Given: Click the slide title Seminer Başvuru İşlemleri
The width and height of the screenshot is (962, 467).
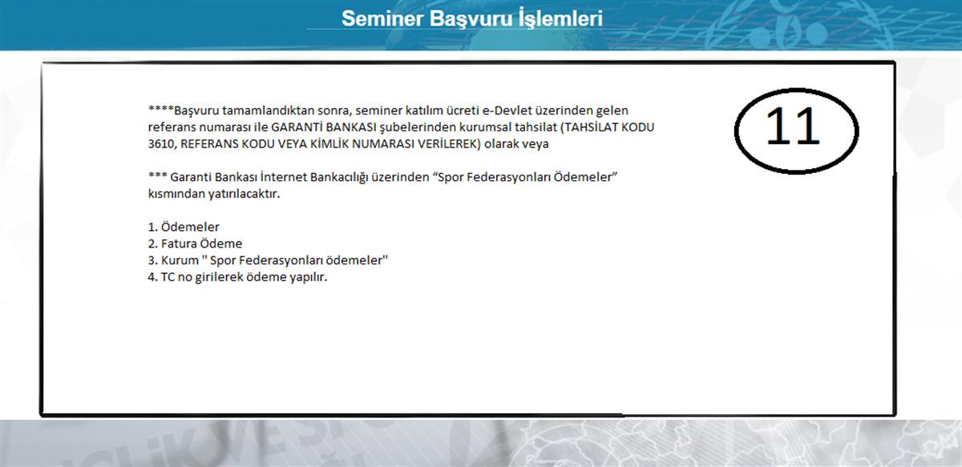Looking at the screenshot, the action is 472,19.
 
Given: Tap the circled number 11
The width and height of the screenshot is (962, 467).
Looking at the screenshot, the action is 793,126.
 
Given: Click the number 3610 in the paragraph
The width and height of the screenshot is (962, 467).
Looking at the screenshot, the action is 160,144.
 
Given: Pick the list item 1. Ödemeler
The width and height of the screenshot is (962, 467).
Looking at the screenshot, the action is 184,227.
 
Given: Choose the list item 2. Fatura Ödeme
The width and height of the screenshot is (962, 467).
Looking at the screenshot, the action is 195,244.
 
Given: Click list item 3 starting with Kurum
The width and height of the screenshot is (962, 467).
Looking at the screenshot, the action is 268,260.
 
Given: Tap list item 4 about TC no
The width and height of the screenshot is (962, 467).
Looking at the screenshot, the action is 237,277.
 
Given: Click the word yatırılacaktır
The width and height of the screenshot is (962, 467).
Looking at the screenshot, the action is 244,194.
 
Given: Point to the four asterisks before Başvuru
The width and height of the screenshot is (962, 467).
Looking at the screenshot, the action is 160,109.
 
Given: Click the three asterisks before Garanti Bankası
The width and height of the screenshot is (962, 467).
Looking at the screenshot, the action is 158,175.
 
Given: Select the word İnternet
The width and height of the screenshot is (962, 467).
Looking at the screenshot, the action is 283,177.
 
